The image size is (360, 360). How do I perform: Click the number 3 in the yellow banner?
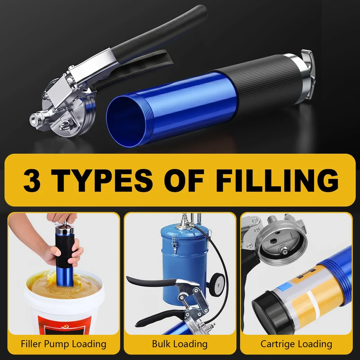click(x=32, y=180)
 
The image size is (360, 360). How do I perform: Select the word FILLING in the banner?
click(x=277, y=180)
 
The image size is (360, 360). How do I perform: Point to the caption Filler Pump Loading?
click(x=63, y=344)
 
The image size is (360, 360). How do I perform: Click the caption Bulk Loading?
click(x=180, y=344)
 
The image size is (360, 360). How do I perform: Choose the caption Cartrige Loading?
click(x=296, y=344)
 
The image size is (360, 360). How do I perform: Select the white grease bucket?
click(x=63, y=303)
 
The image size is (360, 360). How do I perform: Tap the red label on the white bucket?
click(x=64, y=325)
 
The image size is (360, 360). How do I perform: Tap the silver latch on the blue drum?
click(x=175, y=244)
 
